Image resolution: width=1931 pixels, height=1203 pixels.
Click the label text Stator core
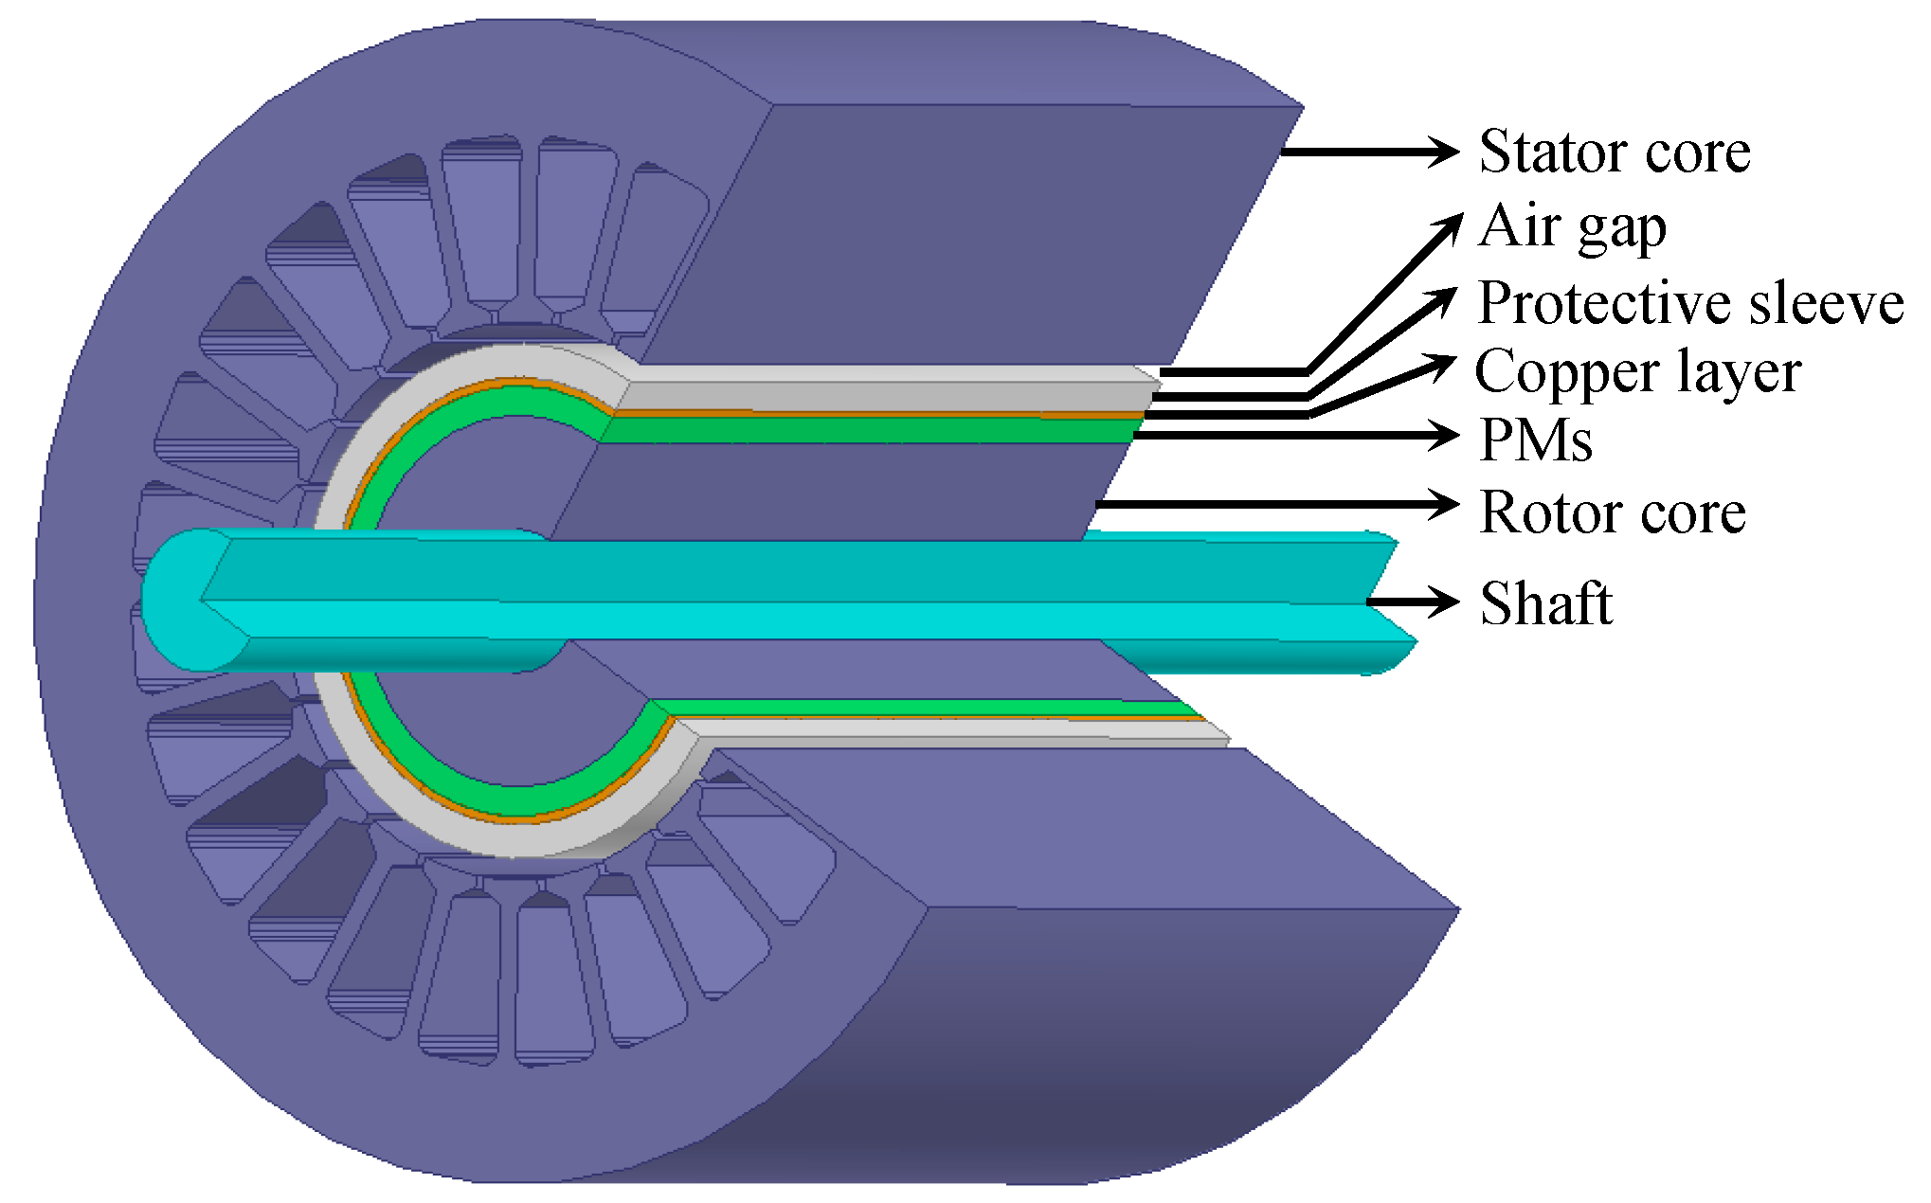click(1614, 152)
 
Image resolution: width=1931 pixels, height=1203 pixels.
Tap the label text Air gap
click(1571, 227)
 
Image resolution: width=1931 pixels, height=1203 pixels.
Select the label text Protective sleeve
click(1690, 303)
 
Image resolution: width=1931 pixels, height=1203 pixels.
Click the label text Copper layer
click(1637, 371)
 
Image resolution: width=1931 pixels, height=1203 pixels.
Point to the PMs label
click(1535, 440)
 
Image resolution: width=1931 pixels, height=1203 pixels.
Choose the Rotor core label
click(1612, 512)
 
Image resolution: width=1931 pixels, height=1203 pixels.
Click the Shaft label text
click(1545, 603)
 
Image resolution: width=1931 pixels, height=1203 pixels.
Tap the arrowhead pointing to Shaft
click(1443, 601)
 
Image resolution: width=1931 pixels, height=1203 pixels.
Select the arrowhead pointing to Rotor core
click(1445, 504)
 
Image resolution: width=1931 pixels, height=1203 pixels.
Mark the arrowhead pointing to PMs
click(1445, 435)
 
